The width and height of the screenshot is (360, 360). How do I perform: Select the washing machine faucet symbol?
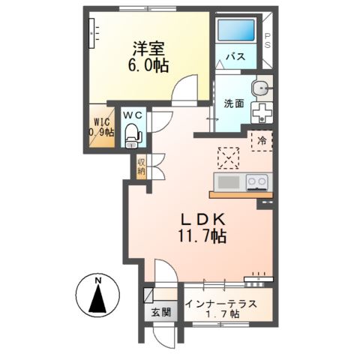(x=262, y=112)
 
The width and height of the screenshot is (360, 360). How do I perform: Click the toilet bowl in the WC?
(x=133, y=135)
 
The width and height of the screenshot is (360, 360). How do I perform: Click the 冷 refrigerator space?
(x=262, y=140)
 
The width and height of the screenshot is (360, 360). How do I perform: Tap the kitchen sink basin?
(x=228, y=182)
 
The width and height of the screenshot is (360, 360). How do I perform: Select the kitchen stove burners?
(x=256, y=182)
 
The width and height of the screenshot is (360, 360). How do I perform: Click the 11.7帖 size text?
(x=202, y=237)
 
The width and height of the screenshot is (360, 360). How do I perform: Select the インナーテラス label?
(x=222, y=303)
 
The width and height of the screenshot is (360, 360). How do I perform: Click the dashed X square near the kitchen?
(x=227, y=157)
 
